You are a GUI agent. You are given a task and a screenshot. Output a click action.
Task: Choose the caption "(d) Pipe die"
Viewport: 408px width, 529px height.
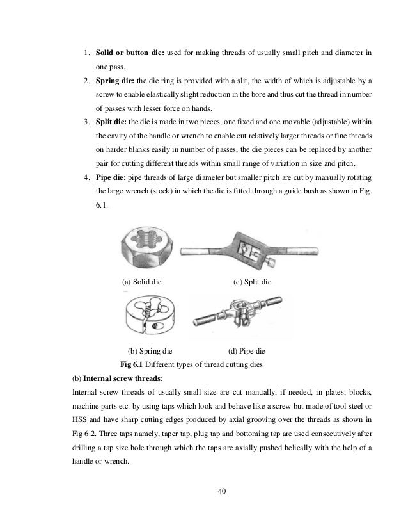pyautogui.click(x=246, y=351)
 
